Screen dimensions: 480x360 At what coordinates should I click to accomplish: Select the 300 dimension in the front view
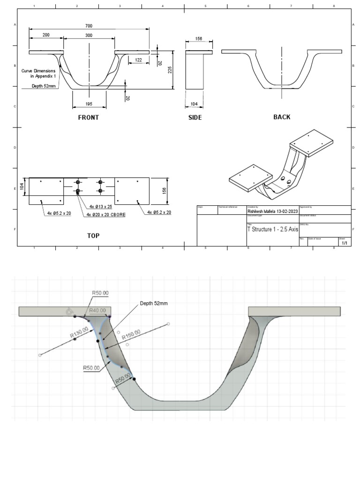coord(89,36)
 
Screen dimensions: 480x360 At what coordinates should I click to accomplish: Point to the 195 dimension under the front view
coord(89,104)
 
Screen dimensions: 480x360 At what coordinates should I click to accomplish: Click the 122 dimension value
coord(138,60)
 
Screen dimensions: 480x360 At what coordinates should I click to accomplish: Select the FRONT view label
coord(89,118)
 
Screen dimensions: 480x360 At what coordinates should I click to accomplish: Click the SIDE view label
coord(195,118)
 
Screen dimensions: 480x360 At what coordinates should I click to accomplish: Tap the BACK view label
coord(282,117)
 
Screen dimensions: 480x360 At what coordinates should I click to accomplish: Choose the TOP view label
coord(93,236)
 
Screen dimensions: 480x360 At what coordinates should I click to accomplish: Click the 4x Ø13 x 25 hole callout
coord(101,206)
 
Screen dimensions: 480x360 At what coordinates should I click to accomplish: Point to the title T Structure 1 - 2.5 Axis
coord(272,230)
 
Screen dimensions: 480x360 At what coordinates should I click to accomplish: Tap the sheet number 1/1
coord(345,243)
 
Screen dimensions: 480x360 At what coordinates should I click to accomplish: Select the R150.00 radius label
coord(131,337)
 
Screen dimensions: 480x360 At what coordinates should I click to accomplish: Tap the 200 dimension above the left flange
coord(46,36)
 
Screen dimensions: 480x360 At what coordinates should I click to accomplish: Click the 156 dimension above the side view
coord(199,39)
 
